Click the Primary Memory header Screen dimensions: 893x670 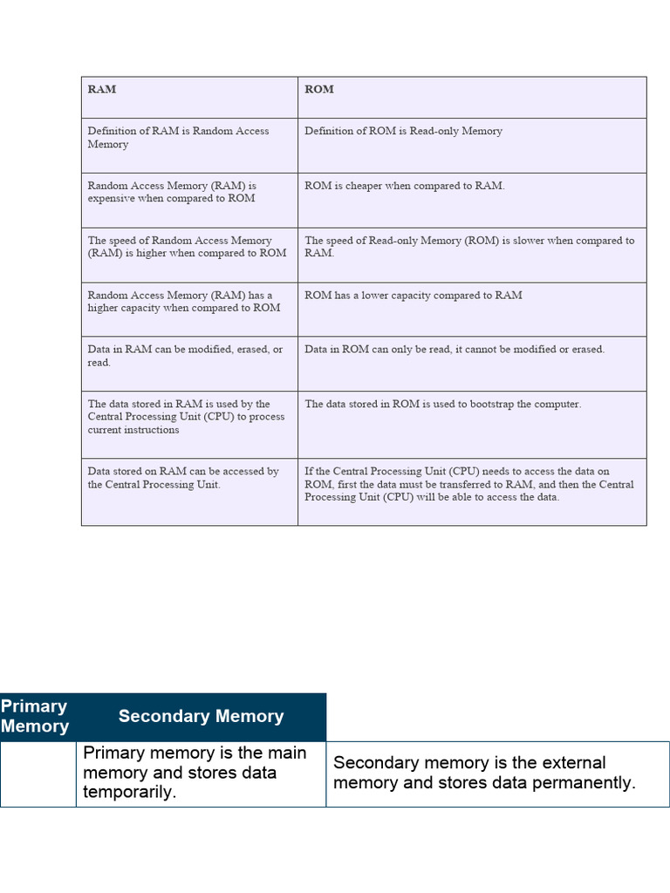coord(35,716)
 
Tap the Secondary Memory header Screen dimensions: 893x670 coord(201,717)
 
